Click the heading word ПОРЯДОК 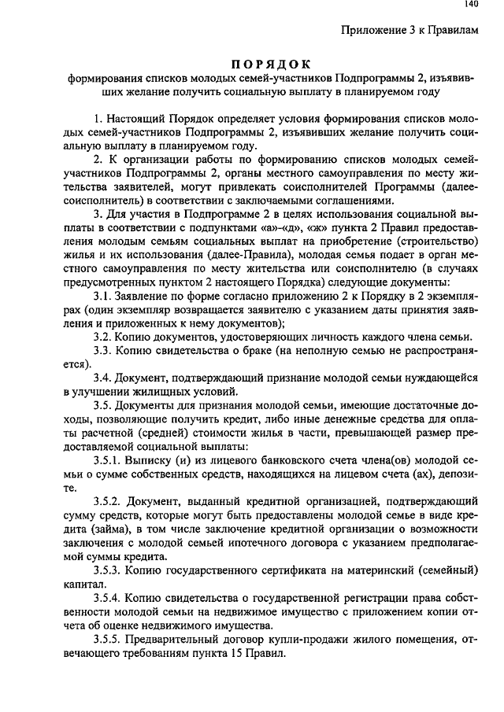[272, 64]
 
